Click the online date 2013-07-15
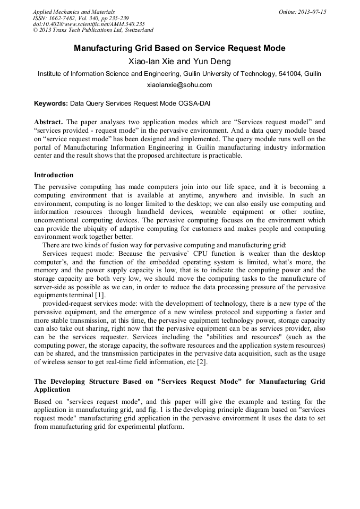pyautogui.click(x=311, y=12)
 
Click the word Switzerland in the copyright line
pyautogui.click(x=135, y=30)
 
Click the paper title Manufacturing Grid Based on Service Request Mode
pyautogui.click(x=179, y=48)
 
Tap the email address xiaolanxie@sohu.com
pyautogui.click(x=179, y=85)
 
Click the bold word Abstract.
pyautogui.click(x=48, y=122)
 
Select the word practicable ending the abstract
pyautogui.click(x=224, y=156)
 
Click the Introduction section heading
pyautogui.click(x=54, y=175)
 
